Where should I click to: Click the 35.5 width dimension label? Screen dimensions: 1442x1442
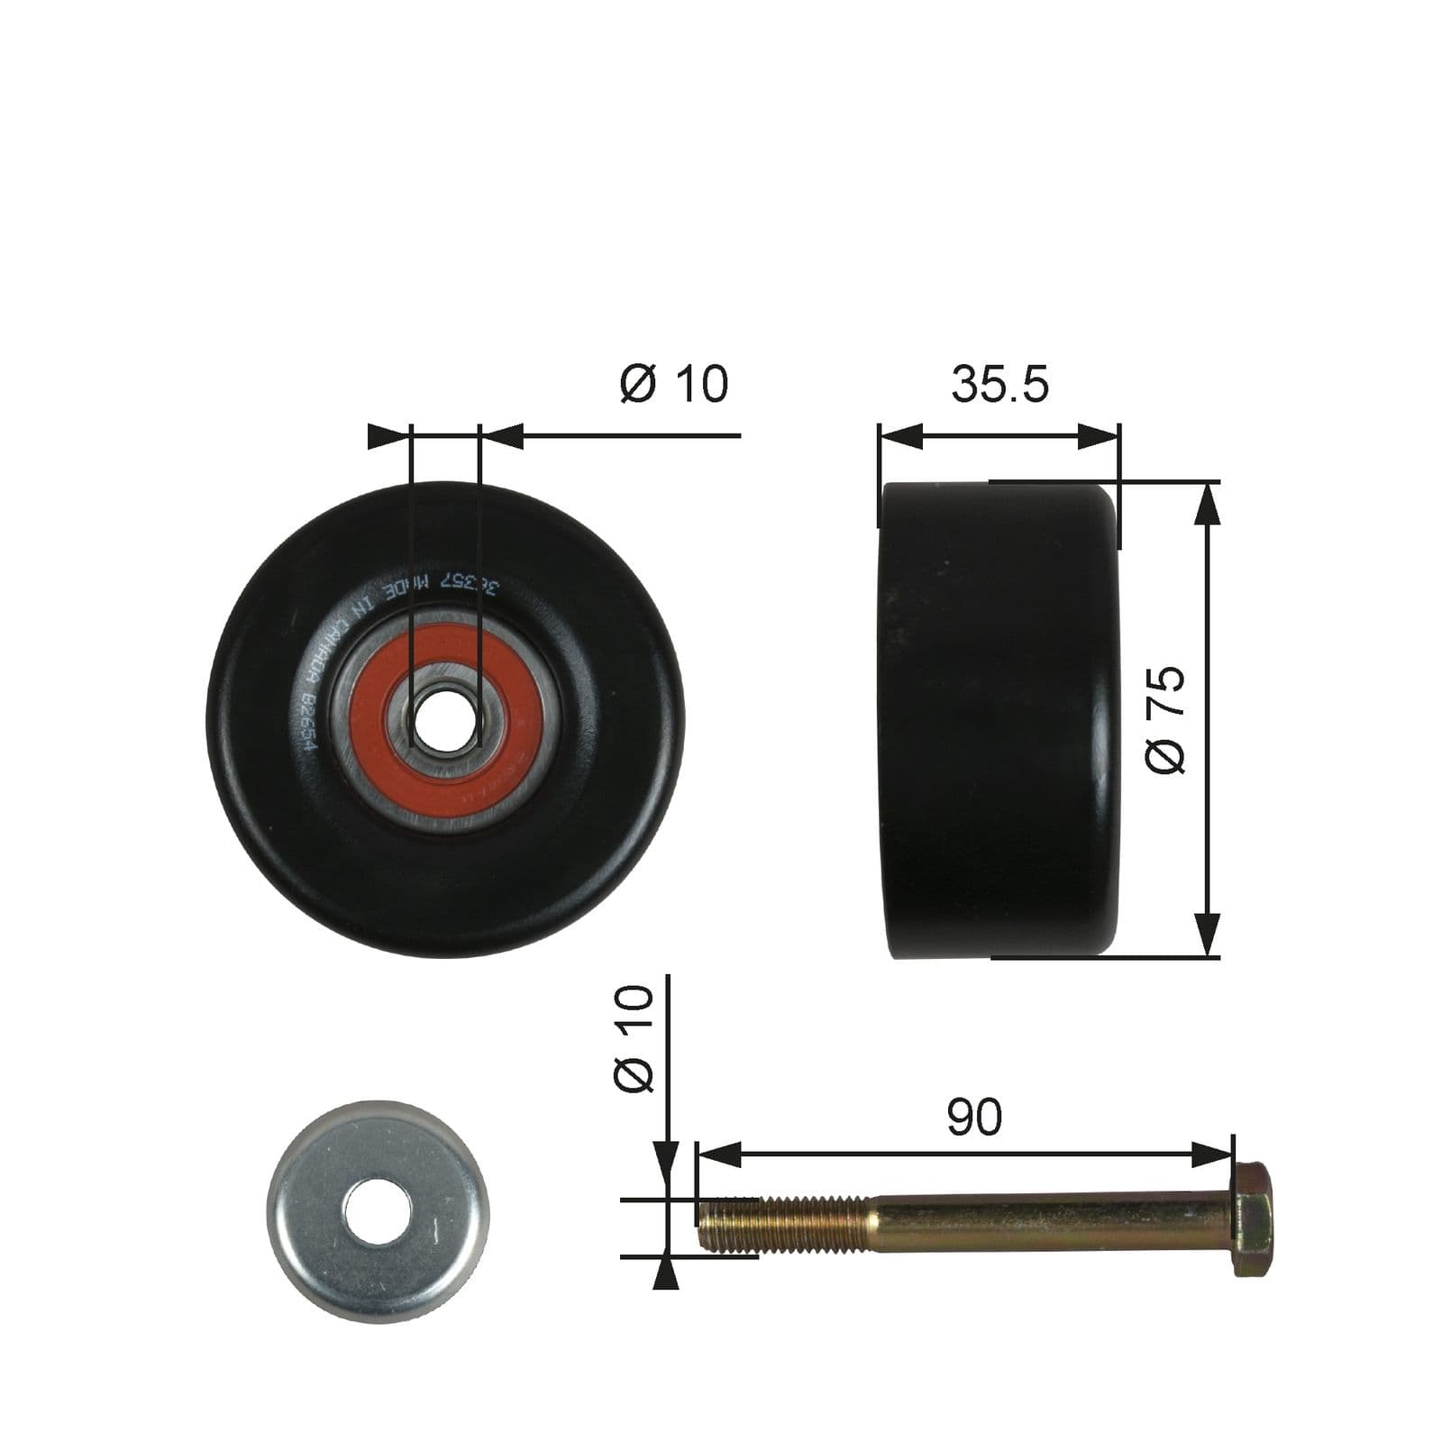click(999, 385)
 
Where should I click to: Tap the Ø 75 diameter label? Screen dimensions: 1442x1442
click(1165, 719)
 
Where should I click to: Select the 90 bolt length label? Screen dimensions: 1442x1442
click(973, 1118)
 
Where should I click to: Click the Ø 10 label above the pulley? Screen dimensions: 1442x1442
click(674, 384)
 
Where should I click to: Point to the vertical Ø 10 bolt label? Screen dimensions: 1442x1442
click(634, 1038)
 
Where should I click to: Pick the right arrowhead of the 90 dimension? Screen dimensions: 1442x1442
click(1212, 1154)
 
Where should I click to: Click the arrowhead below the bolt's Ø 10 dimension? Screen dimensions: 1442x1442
click(666, 1273)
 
